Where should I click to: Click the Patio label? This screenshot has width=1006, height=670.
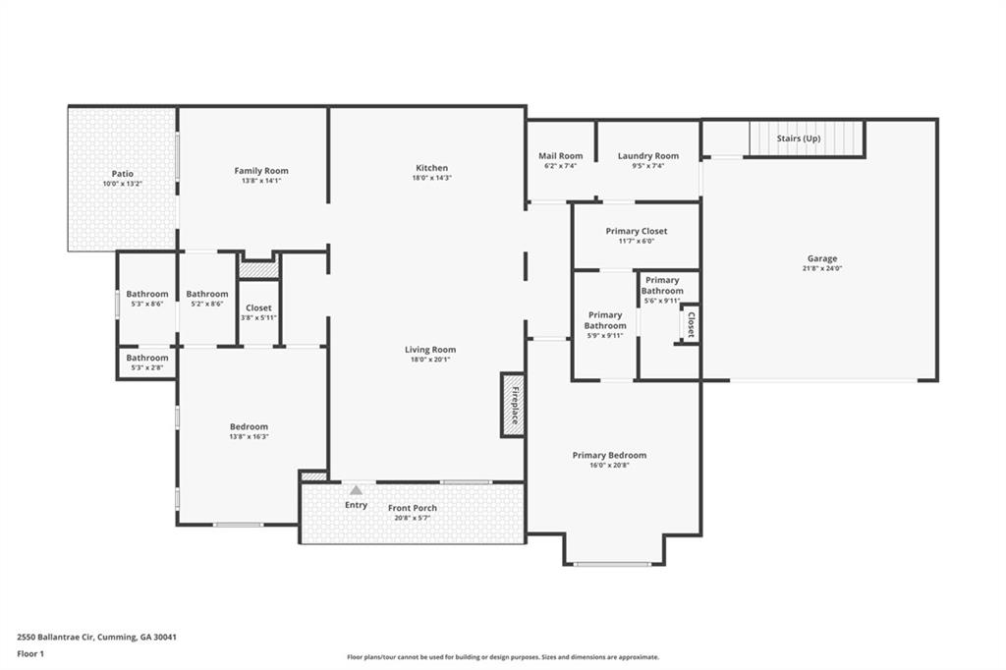123,174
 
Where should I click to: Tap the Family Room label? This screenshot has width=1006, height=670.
261,171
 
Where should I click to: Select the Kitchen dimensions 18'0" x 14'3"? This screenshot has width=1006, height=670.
431,179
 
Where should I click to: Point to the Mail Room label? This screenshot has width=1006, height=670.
560,156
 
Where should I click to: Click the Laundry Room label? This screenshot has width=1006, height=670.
647,156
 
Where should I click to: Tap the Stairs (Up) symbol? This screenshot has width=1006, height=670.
807,139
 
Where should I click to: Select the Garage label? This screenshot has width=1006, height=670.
822,259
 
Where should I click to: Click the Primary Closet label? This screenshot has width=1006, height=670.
636,232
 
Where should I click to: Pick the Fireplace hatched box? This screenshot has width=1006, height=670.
512,404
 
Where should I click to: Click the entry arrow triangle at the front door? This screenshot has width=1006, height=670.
356,489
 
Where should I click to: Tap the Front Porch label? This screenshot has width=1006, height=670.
413,508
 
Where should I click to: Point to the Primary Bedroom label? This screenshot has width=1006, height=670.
609,455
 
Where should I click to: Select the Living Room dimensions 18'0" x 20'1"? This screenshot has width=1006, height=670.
430,360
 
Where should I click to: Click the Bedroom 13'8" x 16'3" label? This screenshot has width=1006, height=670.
249,426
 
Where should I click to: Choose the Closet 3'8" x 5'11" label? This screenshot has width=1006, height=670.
258,308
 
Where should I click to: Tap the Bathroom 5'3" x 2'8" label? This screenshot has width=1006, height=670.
146,359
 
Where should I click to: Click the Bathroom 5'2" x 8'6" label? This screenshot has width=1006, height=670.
207,294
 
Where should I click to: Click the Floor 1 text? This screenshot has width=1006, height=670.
30,653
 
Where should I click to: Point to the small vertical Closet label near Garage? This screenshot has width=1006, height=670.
691,325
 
